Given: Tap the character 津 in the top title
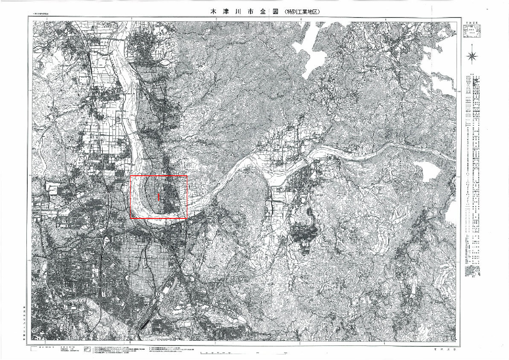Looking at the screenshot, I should point(228,12).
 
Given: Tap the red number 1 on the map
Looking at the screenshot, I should point(159,197).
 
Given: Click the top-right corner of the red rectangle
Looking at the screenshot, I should point(187,176).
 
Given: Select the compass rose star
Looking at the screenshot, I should point(472,55).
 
